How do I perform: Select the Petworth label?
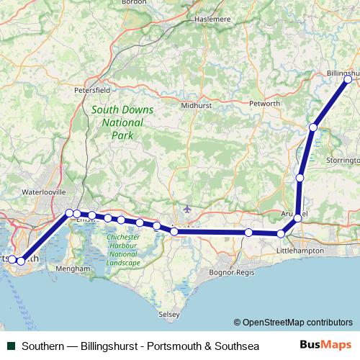tap(264, 104)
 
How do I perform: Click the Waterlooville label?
tap(44, 192)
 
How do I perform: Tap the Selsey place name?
tap(168, 315)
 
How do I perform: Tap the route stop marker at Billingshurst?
tap(348, 79)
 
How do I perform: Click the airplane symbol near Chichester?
tap(188, 209)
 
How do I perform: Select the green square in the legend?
tap(12, 346)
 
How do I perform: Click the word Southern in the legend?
tap(42, 346)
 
